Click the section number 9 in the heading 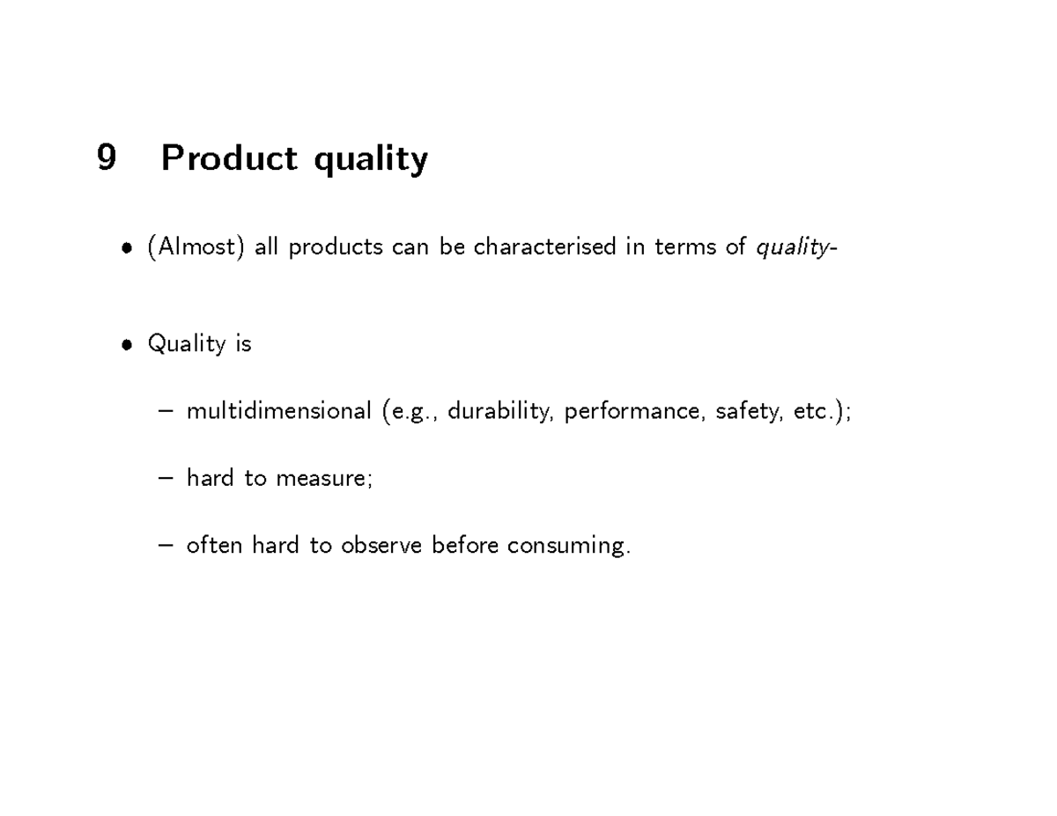pyautogui.click(x=106, y=158)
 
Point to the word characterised pyautogui.click(x=545, y=247)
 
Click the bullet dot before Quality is pyautogui.click(x=129, y=344)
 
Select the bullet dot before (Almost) pyautogui.click(x=129, y=248)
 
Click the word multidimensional pyautogui.click(x=278, y=411)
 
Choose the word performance pyautogui.click(x=632, y=412)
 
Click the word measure pyautogui.click(x=322, y=478)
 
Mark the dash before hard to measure pyautogui.click(x=167, y=479)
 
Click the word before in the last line pyautogui.click(x=466, y=545)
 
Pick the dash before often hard pyautogui.click(x=167, y=546)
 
